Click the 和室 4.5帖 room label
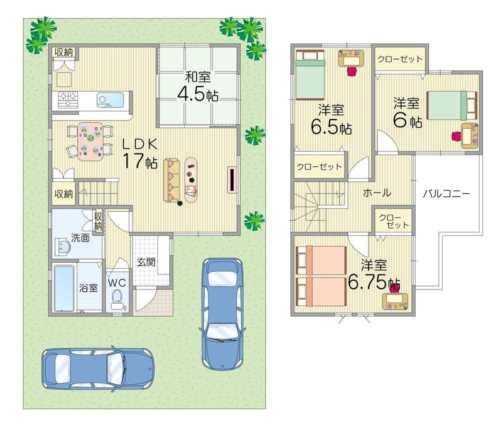click(198, 87)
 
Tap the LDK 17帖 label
click(141, 153)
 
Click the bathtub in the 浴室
click(63, 287)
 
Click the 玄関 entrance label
click(145, 261)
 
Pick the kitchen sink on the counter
click(107, 99)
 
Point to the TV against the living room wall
click(232, 179)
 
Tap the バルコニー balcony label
click(446, 193)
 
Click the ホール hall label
click(376, 193)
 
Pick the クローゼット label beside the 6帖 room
click(399, 58)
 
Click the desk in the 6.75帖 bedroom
click(396, 302)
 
